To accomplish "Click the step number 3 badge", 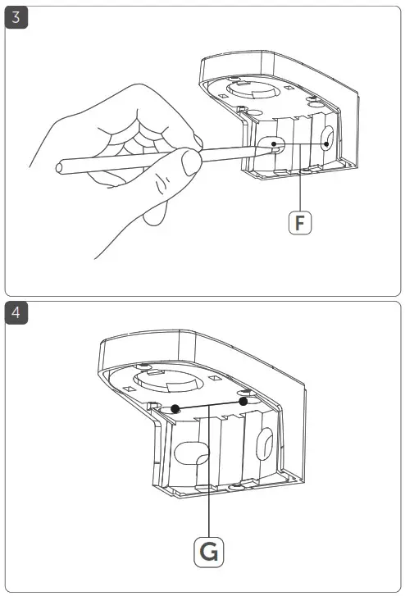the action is [x=16, y=17].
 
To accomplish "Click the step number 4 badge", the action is [x=16, y=313].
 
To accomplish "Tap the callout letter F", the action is [x=300, y=223].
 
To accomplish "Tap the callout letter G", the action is [x=209, y=552].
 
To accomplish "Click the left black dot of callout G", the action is [x=175, y=409].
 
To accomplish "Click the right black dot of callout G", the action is [x=243, y=402].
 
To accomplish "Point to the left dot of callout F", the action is [x=274, y=143].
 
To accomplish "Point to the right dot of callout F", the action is [x=326, y=144].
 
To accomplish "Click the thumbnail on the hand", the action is [x=191, y=162].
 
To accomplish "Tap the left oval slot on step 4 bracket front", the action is [x=192, y=453].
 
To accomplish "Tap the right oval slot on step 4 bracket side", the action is [x=265, y=444].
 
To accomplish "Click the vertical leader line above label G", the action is [x=209, y=471].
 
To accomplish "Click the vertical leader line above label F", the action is [x=300, y=178].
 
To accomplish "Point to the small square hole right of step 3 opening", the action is [x=289, y=89].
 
